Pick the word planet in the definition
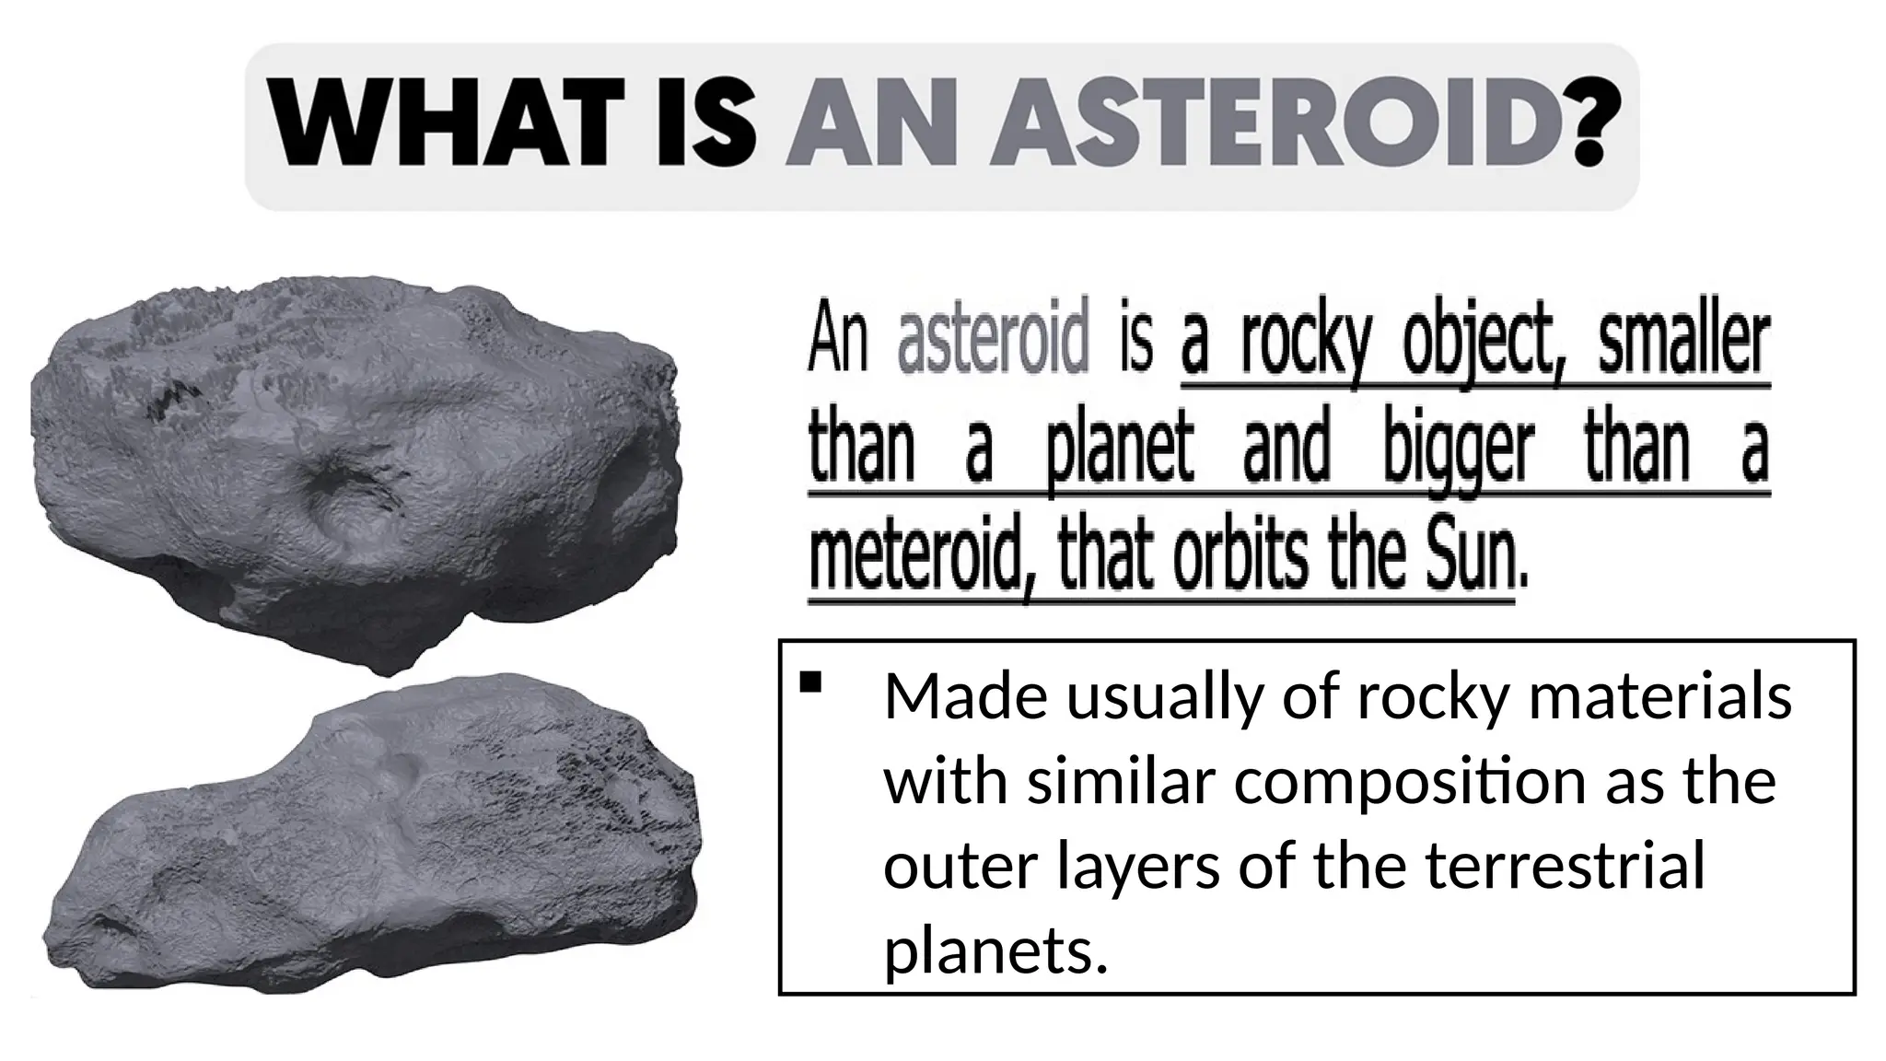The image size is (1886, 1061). point(1119,451)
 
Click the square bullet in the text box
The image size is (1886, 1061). point(810,682)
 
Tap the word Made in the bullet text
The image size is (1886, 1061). point(964,696)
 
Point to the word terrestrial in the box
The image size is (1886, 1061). point(1555,867)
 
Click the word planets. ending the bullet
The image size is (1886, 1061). point(995,950)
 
